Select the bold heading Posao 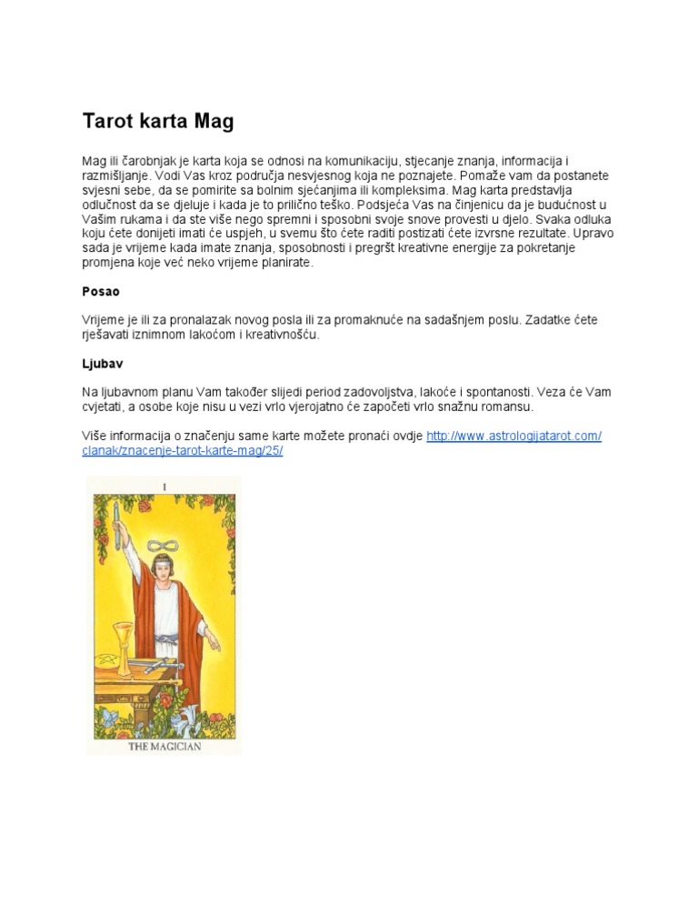pos(101,292)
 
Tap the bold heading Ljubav pos(102,363)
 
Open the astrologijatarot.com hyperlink pos(514,437)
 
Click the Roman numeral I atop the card pos(165,487)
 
